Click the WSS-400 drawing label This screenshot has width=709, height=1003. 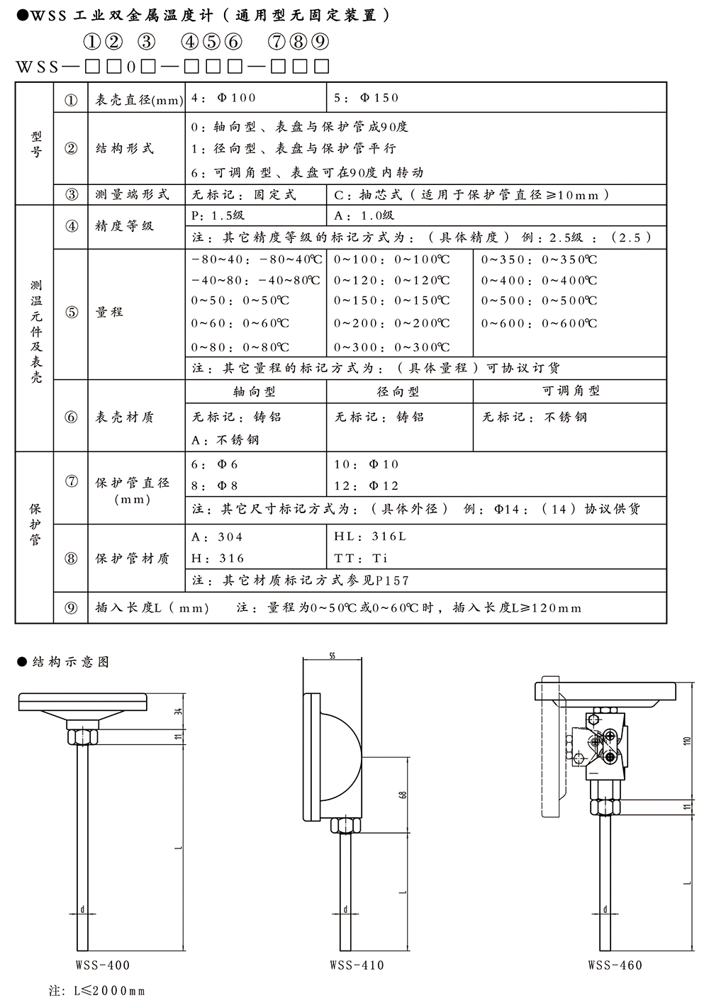[103, 965]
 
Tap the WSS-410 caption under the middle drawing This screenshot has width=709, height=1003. [357, 965]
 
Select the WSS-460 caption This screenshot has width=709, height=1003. [615, 965]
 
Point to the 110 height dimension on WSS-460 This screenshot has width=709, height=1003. [686, 741]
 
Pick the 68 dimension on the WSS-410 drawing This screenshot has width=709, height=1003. [403, 795]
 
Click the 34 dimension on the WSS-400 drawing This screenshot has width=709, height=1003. [179, 710]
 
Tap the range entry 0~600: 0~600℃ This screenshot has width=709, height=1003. [539, 323]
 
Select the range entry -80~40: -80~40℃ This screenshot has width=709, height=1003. [256, 259]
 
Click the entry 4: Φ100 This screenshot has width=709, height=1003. [223, 98]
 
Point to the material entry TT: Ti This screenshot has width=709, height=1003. [361, 558]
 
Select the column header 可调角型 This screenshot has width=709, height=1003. [571, 391]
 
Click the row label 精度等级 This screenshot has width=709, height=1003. [125, 226]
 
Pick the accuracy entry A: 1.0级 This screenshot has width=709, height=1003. [364, 215]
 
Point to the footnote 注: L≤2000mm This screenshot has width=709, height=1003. [96, 990]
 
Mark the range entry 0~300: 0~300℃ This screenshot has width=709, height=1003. [392, 347]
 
